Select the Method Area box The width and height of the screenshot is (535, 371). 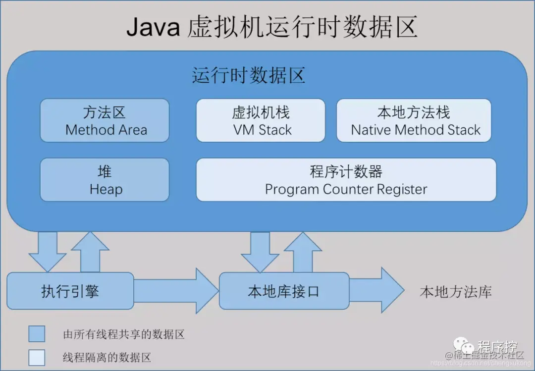tap(105, 120)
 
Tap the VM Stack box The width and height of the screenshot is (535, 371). tap(261, 120)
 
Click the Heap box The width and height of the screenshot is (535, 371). tap(105, 180)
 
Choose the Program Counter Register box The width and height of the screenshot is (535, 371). tap(346, 180)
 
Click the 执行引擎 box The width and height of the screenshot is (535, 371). tap(70, 291)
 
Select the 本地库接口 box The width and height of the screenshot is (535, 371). tap(283, 291)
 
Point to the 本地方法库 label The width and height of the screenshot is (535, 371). tap(456, 292)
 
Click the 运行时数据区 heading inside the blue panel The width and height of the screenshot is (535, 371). tap(248, 76)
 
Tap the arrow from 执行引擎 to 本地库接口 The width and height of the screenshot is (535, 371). tap(176, 291)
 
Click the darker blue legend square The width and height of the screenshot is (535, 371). tap(37, 334)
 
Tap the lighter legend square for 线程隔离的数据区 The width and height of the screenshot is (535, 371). tap(37, 358)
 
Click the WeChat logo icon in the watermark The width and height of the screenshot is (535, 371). tap(464, 345)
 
